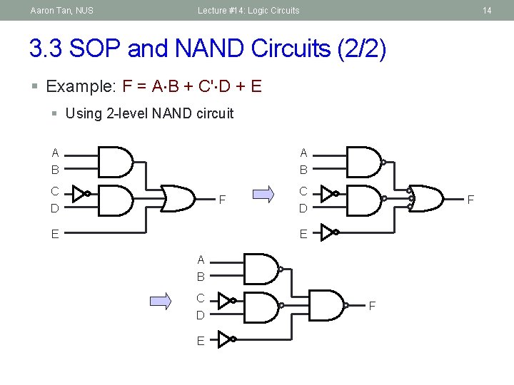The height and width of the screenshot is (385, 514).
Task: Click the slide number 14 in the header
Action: pyautogui.click(x=487, y=11)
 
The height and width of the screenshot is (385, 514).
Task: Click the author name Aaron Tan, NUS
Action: pyautogui.click(x=61, y=11)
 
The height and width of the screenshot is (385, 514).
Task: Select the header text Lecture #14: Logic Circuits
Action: pyautogui.click(x=248, y=11)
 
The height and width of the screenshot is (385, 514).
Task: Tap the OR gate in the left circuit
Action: pyautogui.click(x=178, y=198)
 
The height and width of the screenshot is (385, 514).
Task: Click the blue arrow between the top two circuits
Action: pyautogui.click(x=263, y=193)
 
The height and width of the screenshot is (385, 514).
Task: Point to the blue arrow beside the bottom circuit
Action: pyautogui.click(x=161, y=302)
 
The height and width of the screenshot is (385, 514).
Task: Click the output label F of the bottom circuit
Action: pyautogui.click(x=372, y=307)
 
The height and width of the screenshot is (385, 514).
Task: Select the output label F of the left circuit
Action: pyautogui.click(x=222, y=199)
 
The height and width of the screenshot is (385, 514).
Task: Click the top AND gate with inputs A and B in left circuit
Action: pyautogui.click(x=115, y=162)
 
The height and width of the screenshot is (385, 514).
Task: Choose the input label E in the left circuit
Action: pyautogui.click(x=55, y=233)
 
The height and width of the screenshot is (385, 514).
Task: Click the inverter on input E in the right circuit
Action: pyautogui.click(x=328, y=232)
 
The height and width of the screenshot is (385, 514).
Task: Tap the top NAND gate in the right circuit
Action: pyautogui.click(x=364, y=162)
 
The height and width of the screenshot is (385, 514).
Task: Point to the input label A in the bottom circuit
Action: pyautogui.click(x=201, y=260)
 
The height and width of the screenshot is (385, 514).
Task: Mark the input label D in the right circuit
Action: pyautogui.click(x=303, y=209)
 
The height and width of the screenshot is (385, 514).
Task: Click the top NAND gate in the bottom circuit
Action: pyautogui.click(x=261, y=269)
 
